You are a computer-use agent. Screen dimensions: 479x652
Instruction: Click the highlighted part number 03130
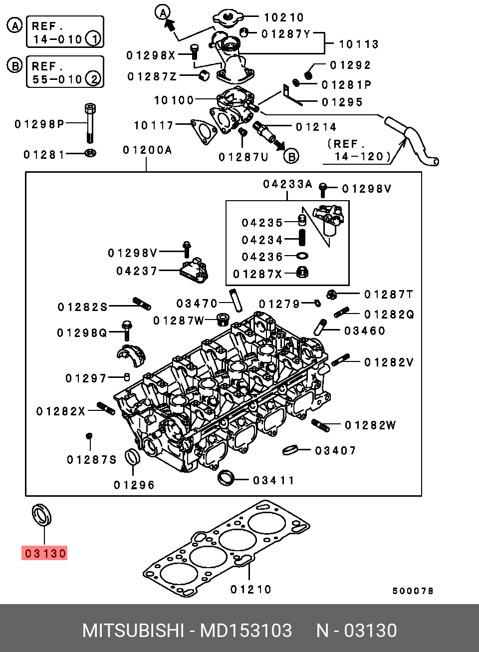coord(44,553)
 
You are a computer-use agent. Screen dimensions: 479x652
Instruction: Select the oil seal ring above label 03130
coord(41,515)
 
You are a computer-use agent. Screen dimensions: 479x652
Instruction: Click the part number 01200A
coord(148,150)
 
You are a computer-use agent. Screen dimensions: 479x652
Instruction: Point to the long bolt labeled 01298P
coord(90,123)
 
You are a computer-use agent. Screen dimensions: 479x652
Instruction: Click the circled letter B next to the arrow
coord(291,156)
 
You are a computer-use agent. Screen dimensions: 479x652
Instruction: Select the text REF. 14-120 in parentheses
coord(359,150)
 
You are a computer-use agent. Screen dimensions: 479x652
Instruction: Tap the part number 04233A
coord(287,184)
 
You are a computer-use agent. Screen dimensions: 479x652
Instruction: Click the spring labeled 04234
coord(302,238)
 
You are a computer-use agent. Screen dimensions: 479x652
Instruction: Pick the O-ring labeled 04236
coord(302,256)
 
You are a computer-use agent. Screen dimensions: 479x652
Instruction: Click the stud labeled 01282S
coord(142,304)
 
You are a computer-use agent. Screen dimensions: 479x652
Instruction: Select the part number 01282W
coord(370,425)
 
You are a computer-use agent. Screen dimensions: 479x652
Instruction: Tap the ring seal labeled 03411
coord(226,478)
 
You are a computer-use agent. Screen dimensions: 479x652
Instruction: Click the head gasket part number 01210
coord(250,590)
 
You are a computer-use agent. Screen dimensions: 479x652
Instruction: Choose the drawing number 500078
coord(413,591)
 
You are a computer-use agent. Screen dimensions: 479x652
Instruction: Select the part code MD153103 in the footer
coord(246,631)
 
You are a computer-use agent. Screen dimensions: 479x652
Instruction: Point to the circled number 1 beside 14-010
coord(94,39)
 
